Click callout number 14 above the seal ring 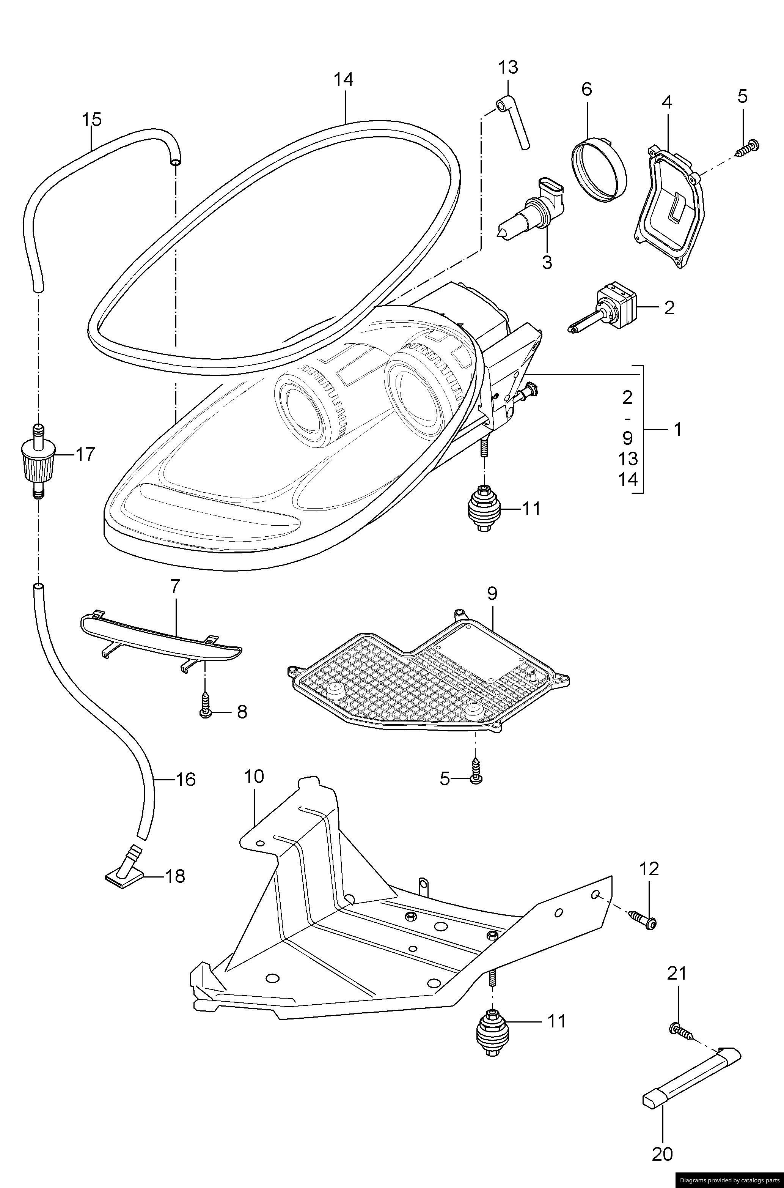344,80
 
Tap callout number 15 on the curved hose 91,120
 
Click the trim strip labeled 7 160,636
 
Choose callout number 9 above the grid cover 492,594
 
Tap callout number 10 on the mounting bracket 254,777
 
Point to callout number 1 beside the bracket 677,429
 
